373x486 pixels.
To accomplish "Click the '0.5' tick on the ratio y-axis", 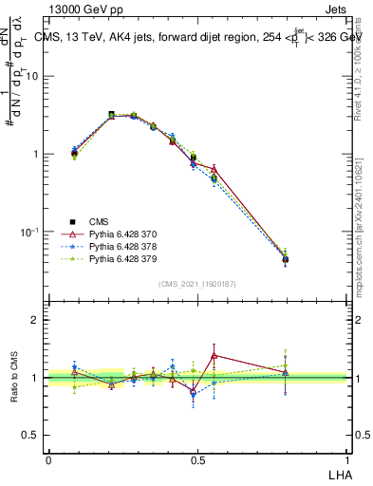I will [x=32, y=435].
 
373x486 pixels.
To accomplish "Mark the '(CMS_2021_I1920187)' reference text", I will [x=197, y=284].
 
